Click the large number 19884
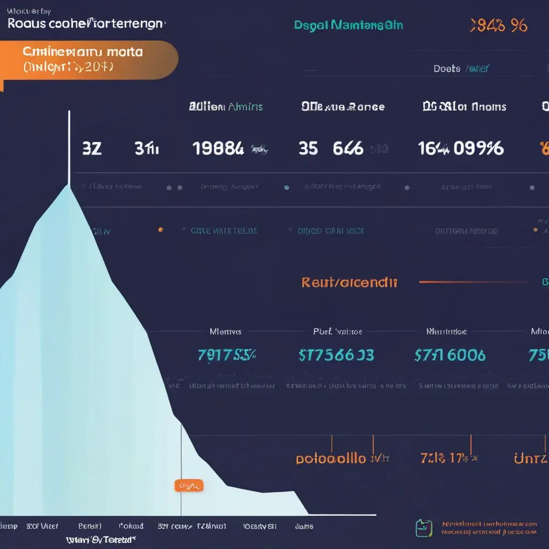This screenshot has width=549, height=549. click(218, 149)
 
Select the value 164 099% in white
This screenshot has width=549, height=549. click(461, 149)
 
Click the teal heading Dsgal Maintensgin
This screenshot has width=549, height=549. click(348, 25)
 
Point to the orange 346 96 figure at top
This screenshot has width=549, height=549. click(498, 25)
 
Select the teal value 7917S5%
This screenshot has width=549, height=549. click(227, 355)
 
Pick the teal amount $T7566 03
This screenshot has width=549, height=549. click(336, 355)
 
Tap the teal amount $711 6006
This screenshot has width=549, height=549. click(450, 355)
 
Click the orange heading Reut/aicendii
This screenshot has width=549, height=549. click(349, 283)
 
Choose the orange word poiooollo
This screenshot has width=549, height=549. click(331, 459)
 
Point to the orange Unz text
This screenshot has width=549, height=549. click(530, 459)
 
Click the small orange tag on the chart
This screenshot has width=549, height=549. click(189, 486)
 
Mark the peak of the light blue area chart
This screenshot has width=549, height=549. click(69, 186)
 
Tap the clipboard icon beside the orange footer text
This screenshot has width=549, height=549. click(424, 528)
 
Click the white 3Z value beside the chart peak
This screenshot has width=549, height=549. click(92, 149)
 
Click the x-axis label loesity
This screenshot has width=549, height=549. click(259, 526)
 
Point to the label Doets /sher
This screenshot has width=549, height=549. click(461, 69)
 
